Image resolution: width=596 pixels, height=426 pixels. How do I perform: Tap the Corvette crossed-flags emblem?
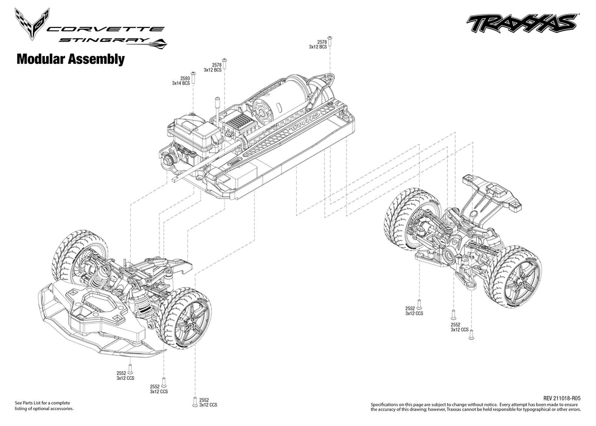coord(32,22)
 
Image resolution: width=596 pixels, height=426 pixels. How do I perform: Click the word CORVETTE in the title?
coord(105,29)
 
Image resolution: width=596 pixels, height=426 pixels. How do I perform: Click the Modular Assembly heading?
coord(71,60)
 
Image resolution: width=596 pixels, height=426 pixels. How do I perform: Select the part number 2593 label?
coord(185,78)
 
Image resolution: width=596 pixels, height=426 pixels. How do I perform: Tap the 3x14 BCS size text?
coord(181,83)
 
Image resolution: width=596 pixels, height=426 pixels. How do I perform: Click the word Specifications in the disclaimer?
coord(390,404)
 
